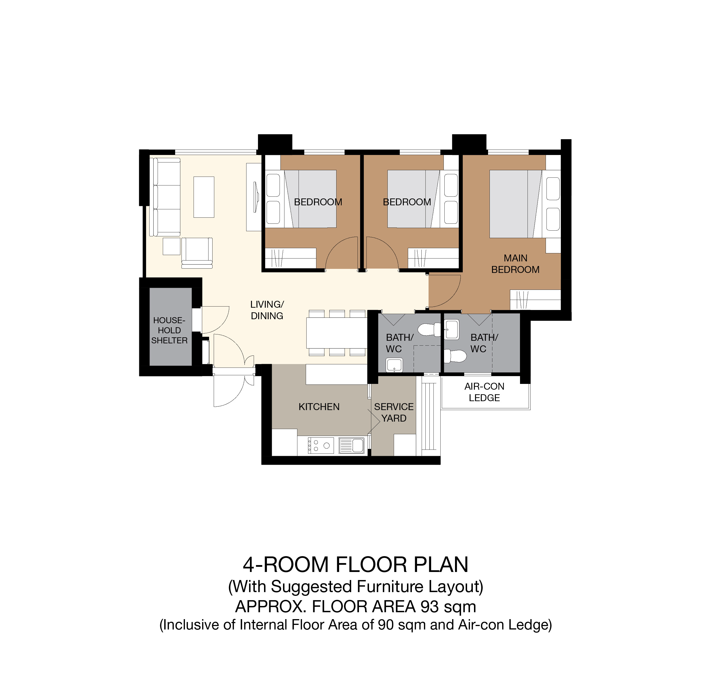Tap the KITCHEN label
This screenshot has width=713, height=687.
coord(319,407)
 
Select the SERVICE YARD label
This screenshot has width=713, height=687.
coord(394,412)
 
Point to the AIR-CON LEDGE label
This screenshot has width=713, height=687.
coord(484,392)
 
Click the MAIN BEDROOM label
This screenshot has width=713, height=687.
coord(515,264)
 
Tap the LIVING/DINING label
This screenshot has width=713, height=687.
coord(267,310)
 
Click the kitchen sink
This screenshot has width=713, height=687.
coord(351,445)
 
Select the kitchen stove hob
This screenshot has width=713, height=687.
coord(320,445)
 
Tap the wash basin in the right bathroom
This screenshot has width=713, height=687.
coord(452,329)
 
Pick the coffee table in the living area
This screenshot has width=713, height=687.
coord(204,197)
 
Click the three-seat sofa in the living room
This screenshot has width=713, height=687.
coord(165,197)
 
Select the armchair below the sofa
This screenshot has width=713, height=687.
coord(197,253)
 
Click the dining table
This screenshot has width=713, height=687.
coord(337,333)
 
